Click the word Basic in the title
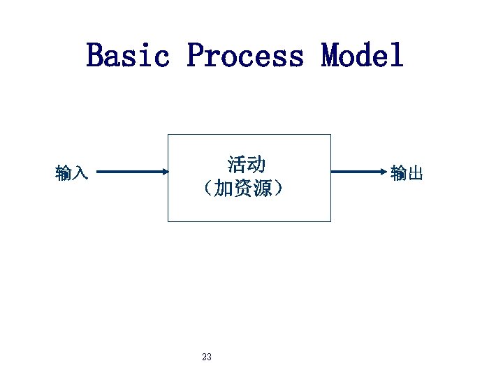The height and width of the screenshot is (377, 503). [128, 55]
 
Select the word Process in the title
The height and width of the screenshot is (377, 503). [245, 55]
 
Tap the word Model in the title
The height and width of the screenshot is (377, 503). [363, 55]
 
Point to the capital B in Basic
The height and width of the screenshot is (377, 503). [94, 55]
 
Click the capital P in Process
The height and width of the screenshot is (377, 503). [195, 55]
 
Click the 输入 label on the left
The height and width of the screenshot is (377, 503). [71, 172]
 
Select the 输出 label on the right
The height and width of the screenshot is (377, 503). [407, 172]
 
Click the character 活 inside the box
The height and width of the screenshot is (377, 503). [237, 165]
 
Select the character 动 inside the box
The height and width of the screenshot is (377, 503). [256, 165]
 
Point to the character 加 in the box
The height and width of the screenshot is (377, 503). [224, 188]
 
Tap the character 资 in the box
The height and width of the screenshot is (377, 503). [243, 188]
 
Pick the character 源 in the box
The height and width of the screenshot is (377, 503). [263, 188]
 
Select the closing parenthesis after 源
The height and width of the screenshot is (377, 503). [279, 188]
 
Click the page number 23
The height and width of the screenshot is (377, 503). [206, 357]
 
